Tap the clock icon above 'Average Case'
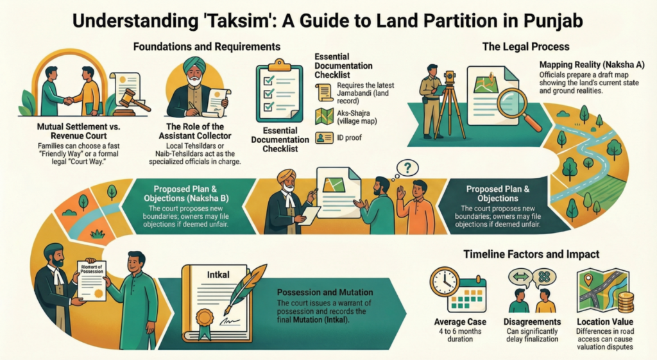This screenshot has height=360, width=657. (x=444, y=281)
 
